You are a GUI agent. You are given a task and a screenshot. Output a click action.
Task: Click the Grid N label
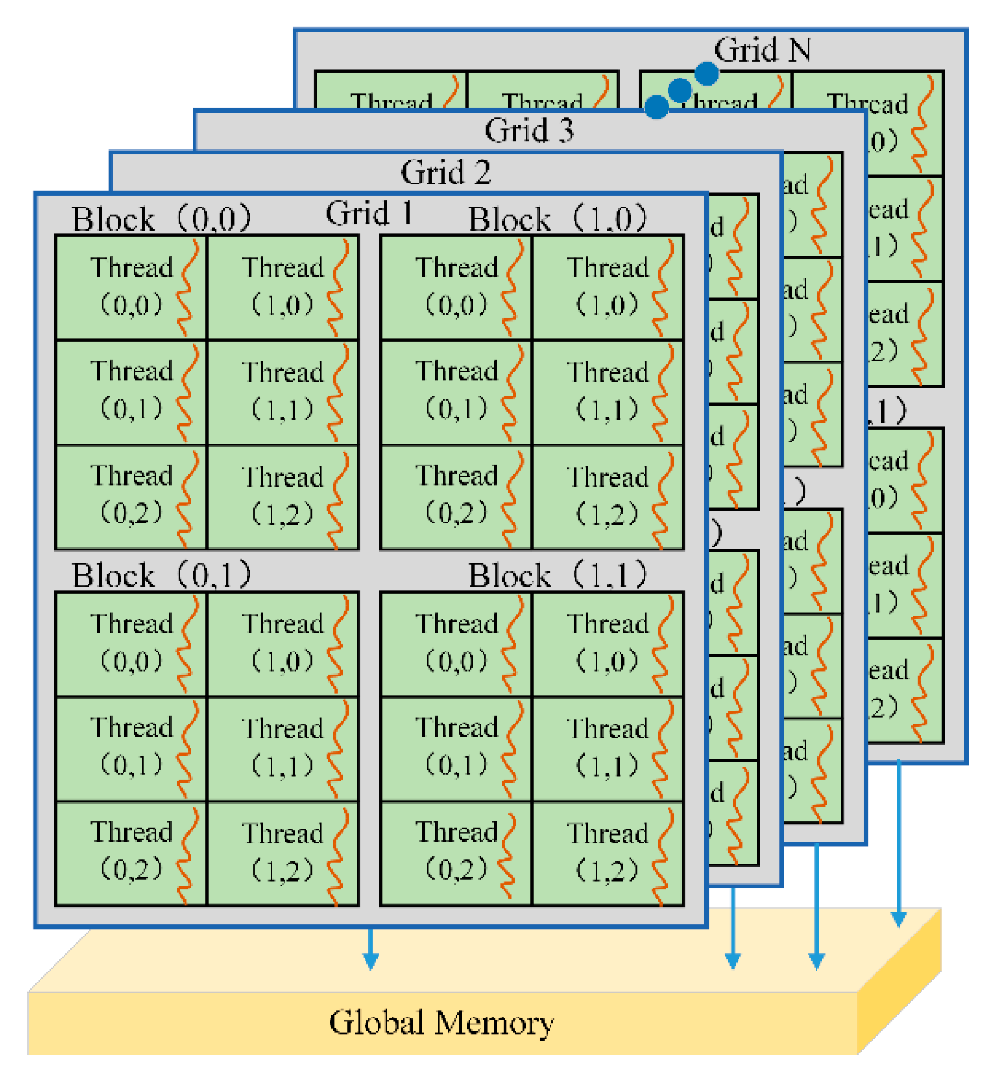point(762,50)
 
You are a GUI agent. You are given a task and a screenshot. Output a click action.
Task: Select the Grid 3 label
point(529,130)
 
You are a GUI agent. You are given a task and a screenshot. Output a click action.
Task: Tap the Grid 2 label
point(445,173)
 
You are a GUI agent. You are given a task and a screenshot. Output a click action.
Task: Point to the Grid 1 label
point(369,213)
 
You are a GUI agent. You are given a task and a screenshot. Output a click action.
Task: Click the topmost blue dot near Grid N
point(707,74)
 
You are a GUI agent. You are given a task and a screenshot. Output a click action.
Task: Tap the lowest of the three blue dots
point(656,107)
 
